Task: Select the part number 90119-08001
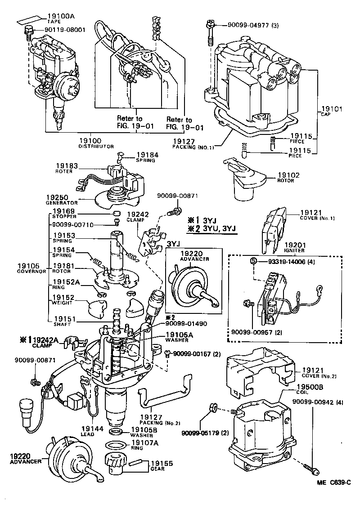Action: point(65,30)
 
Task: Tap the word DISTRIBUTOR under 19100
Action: point(96,146)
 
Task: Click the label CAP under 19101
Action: point(325,114)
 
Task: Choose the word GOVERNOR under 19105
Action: point(31,272)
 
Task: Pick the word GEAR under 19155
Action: point(157,469)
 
